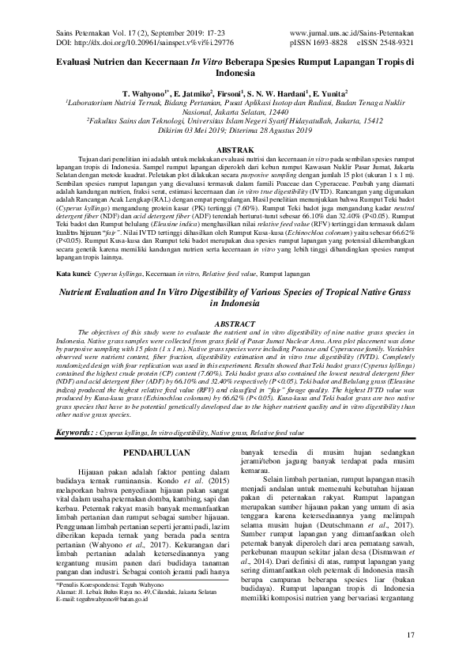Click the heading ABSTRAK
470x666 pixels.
(234, 149)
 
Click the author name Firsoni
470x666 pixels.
(228, 93)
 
